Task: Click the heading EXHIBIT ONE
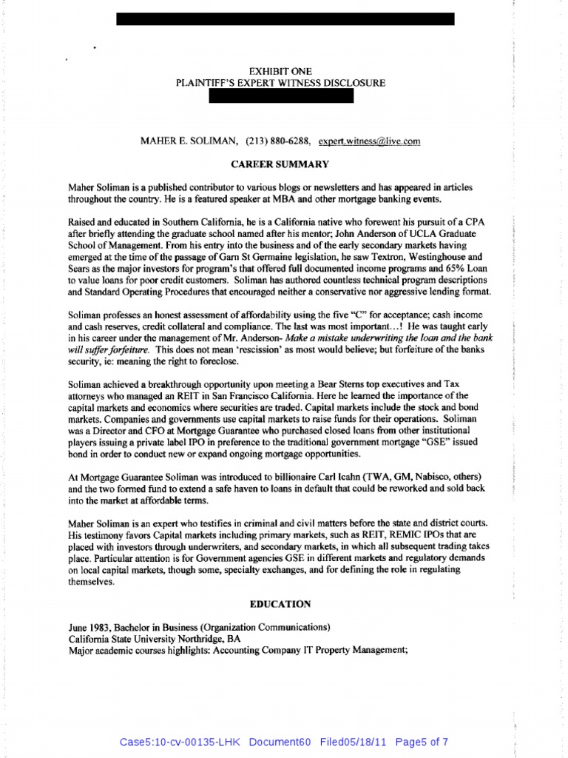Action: click(x=280, y=70)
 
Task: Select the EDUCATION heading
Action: click(x=280, y=604)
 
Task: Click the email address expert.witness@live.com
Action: click(x=369, y=141)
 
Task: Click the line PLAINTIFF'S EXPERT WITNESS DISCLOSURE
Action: click(x=280, y=83)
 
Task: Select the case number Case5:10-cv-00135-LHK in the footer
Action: click(x=175, y=742)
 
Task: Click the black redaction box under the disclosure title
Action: click(x=281, y=96)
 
